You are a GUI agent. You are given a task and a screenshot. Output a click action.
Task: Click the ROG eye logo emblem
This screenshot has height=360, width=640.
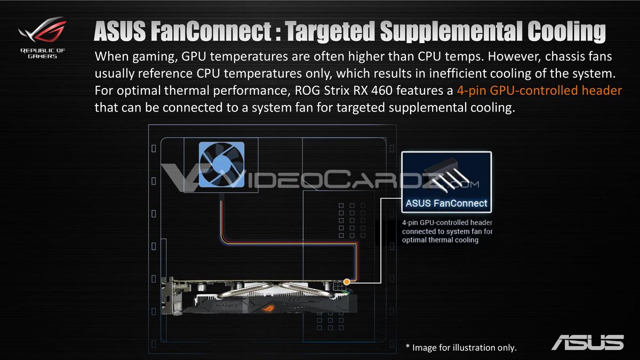(42, 29)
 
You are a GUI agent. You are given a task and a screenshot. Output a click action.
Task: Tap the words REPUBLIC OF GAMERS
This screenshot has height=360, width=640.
(43, 53)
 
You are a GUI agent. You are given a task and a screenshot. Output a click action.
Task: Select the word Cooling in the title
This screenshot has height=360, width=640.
(566, 32)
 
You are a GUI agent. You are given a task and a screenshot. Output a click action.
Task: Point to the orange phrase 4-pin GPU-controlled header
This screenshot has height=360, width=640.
(539, 90)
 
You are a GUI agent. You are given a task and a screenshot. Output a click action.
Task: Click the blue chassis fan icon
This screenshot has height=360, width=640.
(221, 165)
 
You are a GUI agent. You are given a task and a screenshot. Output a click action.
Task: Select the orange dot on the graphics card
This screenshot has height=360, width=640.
(347, 282)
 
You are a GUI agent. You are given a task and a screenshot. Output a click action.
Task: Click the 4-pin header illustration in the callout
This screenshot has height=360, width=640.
(446, 175)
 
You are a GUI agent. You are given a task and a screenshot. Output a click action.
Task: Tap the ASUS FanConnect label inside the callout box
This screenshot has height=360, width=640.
(446, 203)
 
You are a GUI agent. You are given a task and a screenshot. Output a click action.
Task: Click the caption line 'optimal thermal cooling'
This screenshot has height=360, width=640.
(440, 240)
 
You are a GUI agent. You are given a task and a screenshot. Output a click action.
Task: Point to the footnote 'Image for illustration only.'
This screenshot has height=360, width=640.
(461, 347)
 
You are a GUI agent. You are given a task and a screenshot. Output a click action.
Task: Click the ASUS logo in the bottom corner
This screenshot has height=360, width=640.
(588, 342)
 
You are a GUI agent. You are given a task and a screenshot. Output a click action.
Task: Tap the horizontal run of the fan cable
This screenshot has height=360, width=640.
(289, 243)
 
